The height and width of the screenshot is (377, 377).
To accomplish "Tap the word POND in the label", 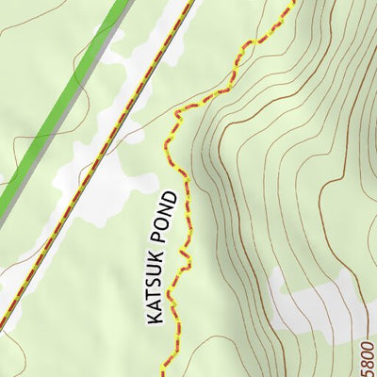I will (x=167, y=214).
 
